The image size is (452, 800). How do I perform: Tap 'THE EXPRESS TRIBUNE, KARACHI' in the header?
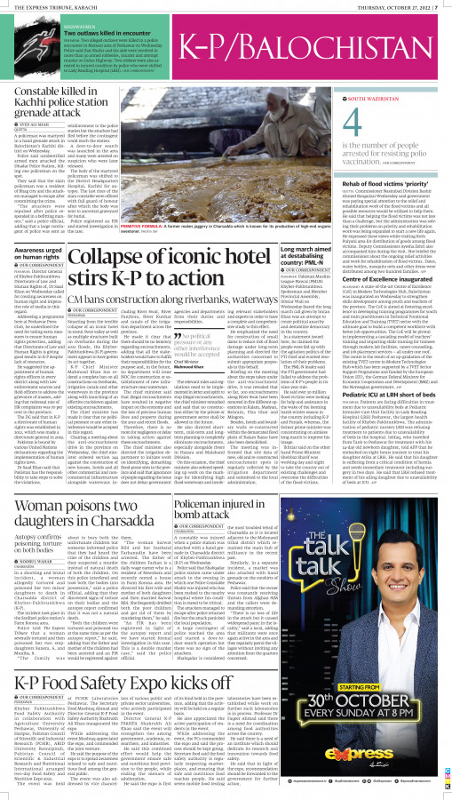[53, 8]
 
